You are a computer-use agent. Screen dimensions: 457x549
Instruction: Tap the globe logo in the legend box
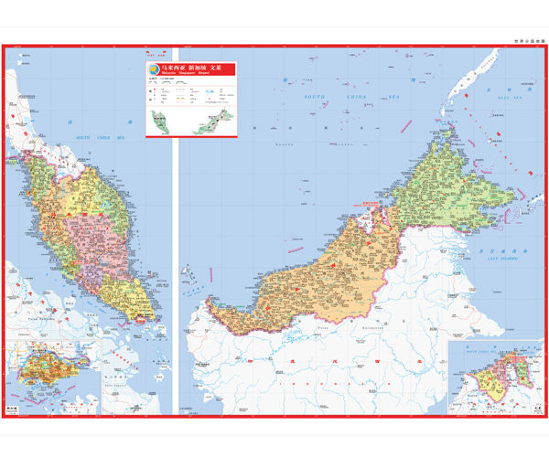tap(155, 69)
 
